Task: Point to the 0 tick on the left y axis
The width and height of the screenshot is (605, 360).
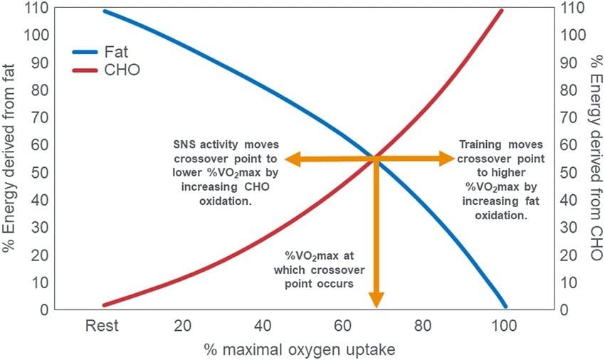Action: [x=45, y=310]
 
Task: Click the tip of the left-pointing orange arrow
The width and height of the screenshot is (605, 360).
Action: [x=284, y=159]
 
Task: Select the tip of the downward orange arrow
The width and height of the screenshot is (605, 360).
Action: [x=376, y=307]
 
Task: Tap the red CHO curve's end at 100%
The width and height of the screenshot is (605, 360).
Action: [x=503, y=10]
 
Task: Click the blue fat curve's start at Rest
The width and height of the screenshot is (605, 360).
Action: [x=104, y=11]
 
